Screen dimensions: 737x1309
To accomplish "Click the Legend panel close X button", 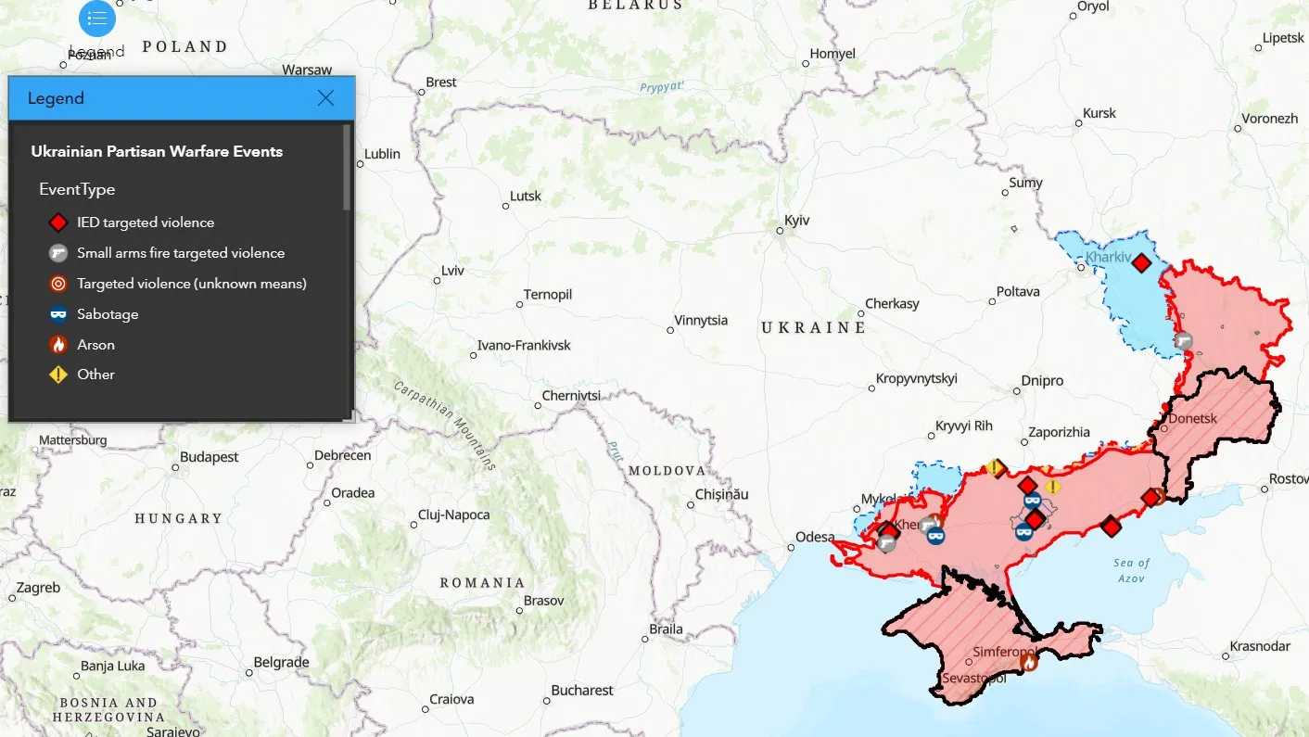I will point(325,98).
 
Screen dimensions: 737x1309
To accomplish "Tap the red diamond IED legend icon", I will point(58,222).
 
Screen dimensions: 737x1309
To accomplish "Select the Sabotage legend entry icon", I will point(58,314).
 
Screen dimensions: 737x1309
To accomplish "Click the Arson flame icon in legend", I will point(58,345).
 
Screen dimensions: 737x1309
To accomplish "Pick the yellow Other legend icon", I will point(58,375).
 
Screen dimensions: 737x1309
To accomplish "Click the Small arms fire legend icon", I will point(58,253).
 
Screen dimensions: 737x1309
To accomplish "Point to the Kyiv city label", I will point(796,221).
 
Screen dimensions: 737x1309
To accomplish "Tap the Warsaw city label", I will point(307,70).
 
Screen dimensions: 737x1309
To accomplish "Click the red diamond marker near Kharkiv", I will point(1141,263).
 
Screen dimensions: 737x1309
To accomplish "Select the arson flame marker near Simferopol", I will point(1028,661).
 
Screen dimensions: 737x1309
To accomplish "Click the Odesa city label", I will point(815,537).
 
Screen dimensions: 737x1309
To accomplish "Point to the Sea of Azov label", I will point(1131,570).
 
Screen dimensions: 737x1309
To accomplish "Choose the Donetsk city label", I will point(1192,418).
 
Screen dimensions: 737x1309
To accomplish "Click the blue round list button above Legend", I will point(97,19).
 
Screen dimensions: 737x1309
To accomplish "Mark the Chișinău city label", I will point(721,495).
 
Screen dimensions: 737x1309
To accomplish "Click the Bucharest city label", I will point(582,690).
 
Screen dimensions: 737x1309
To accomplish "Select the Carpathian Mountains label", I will point(444,425).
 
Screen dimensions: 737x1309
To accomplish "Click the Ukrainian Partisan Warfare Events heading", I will point(157,151).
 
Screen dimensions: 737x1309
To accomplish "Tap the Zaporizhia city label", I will point(1059,432).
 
